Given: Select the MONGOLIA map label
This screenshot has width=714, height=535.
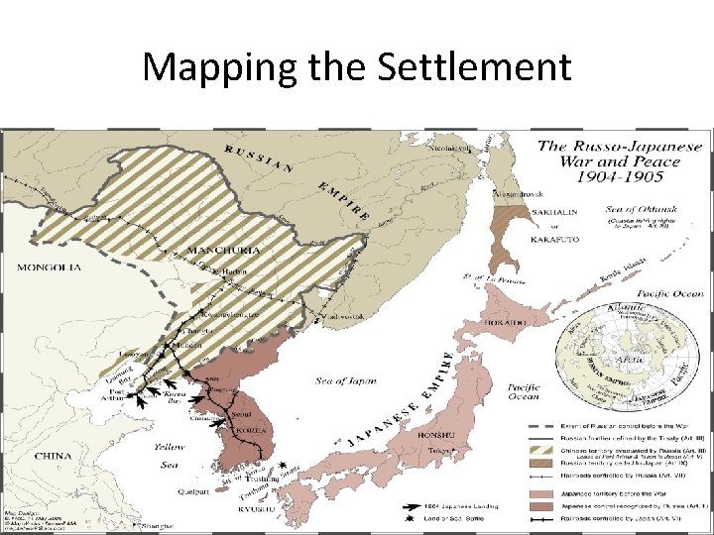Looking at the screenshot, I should pyautogui.click(x=48, y=267).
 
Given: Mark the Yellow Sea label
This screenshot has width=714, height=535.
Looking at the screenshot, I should pyautogui.click(x=169, y=455).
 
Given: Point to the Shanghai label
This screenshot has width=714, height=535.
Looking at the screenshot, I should pyautogui.click(x=159, y=526).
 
